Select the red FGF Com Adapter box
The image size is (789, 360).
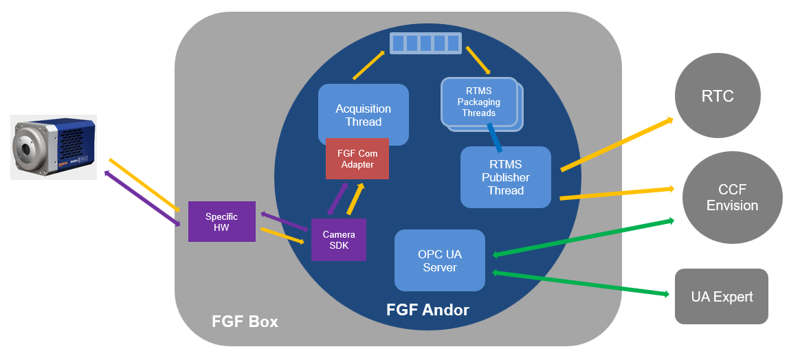[357, 159]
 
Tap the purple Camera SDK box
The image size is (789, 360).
[339, 240]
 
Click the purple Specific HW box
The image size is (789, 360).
[221, 221]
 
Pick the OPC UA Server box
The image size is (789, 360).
[440, 260]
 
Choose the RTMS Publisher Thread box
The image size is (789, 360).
[505, 177]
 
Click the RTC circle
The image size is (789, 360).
[718, 96]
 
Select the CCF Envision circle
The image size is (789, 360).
[732, 197]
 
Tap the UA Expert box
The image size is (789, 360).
[721, 296]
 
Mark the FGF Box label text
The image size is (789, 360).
[245, 322]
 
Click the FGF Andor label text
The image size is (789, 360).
[427, 310]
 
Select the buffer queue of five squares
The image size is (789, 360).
[425, 43]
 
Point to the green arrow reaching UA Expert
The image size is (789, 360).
[581, 284]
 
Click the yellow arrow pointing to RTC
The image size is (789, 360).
[616, 144]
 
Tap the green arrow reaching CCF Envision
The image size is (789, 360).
[583, 237]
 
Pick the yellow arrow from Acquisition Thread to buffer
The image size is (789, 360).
[369, 64]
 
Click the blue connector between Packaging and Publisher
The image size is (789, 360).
[493, 137]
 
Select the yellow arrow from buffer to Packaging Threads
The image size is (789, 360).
[478, 60]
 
